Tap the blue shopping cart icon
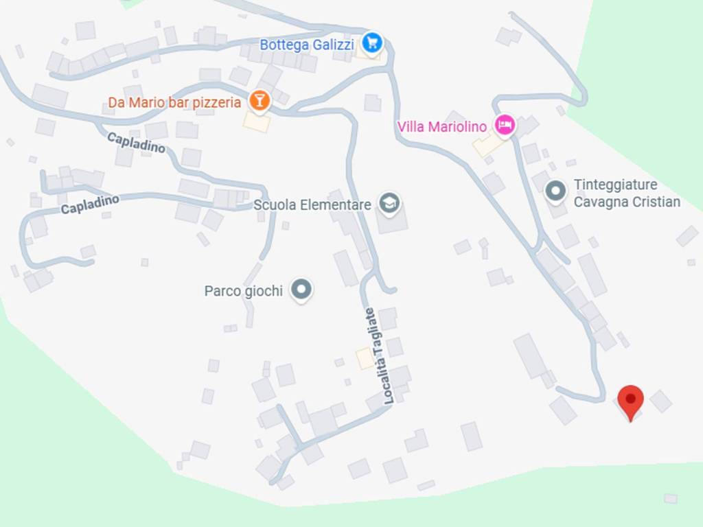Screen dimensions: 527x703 click(x=372, y=43)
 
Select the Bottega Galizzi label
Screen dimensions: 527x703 click(x=306, y=45)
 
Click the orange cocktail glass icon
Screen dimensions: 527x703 click(x=259, y=100)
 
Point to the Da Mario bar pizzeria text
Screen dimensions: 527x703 click(x=174, y=103)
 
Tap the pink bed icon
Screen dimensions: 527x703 click(x=505, y=125)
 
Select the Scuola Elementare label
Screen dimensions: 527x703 click(x=312, y=204)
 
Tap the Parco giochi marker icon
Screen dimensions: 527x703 click(x=301, y=289)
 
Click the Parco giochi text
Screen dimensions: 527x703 click(x=243, y=291)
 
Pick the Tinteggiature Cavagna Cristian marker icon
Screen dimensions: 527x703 click(x=555, y=191)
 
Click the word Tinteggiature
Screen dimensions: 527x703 click(x=615, y=185)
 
